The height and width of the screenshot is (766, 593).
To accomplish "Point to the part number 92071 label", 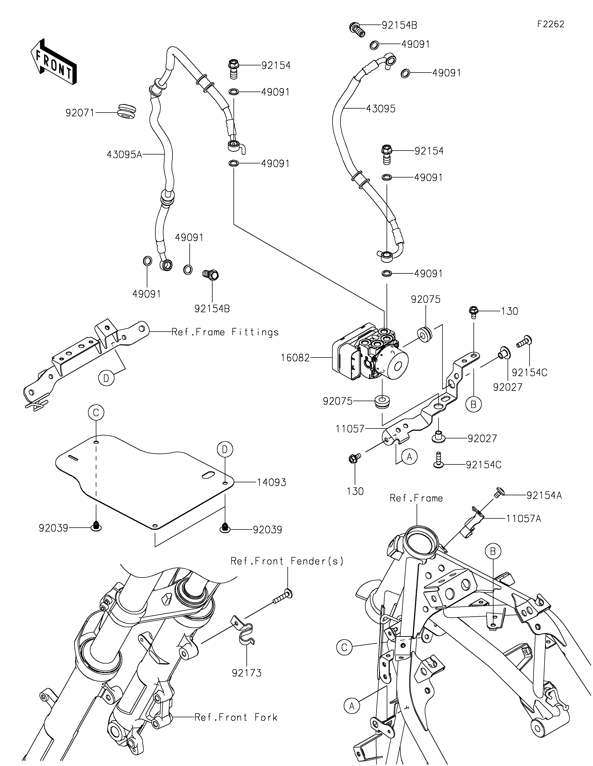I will [80, 113].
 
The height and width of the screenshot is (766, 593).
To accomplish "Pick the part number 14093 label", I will [271, 483].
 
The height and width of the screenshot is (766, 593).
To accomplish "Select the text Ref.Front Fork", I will [236, 717].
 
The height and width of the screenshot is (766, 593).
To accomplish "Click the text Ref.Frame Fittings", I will [225, 332].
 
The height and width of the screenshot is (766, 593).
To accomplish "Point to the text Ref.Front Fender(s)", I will [287, 561].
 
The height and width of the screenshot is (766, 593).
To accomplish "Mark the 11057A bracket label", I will [523, 518].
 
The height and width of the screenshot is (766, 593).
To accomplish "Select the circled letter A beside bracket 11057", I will [409, 456].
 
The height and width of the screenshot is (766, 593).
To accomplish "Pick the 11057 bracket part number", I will [350, 429].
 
